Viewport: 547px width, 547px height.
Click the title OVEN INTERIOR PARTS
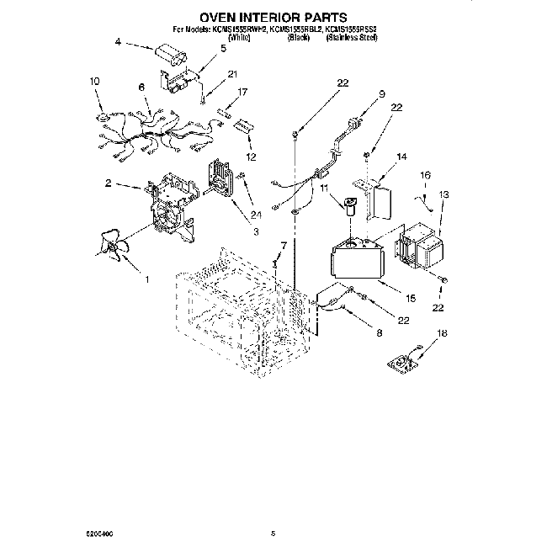point(273,16)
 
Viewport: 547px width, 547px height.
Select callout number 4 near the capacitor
point(118,41)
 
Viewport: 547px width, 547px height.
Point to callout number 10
point(94,81)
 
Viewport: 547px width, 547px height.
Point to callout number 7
point(283,245)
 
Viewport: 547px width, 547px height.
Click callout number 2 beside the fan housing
point(109,183)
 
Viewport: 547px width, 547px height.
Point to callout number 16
point(425,175)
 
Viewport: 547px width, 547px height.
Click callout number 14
point(401,157)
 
